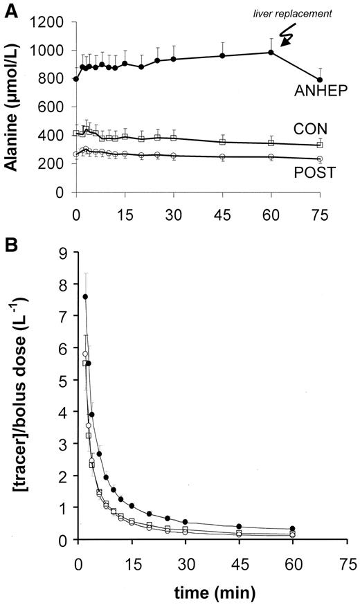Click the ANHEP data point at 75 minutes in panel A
(319, 80)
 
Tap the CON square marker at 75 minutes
(319, 145)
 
